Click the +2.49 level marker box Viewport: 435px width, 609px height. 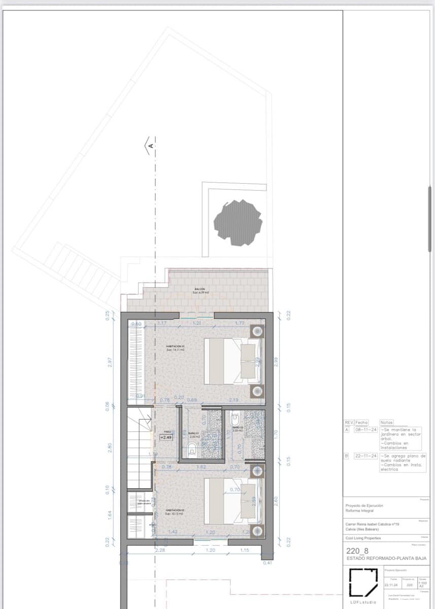point(166,437)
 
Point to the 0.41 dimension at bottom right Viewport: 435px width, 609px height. point(267,562)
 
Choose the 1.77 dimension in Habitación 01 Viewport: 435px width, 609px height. point(240,323)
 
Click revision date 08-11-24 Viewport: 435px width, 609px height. point(361,429)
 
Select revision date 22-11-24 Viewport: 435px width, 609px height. point(361,456)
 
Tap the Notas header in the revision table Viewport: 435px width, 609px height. point(386,422)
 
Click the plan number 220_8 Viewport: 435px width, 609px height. point(356,551)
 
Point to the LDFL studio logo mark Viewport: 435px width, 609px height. point(363,583)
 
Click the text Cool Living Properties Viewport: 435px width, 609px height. point(363,538)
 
